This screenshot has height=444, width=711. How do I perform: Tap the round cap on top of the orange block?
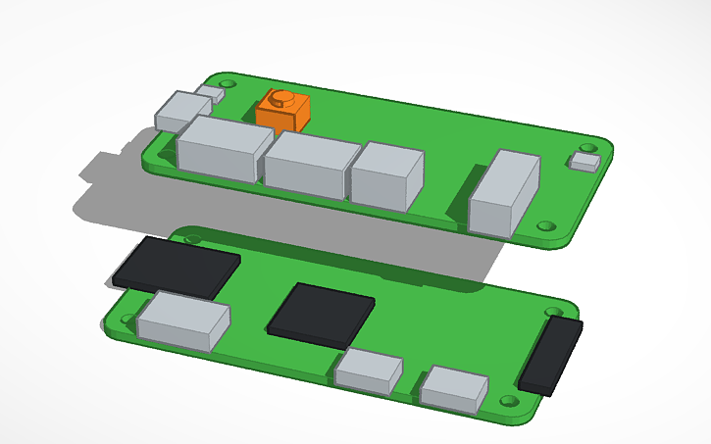pos(281,97)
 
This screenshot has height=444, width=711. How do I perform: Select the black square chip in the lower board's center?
pos(322,314)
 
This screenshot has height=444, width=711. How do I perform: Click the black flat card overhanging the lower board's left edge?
pos(177,266)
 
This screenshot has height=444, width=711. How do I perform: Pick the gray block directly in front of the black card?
pos(184,324)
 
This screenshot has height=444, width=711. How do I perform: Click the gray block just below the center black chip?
pos(369,371)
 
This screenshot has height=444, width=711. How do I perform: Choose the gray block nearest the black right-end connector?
pos(455,387)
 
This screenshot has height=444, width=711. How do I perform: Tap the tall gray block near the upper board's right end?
pos(505,193)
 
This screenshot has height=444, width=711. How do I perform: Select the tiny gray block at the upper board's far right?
pos(586,161)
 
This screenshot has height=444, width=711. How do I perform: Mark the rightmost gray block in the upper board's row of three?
pos(387,176)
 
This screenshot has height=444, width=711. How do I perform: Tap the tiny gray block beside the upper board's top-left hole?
pos(209,95)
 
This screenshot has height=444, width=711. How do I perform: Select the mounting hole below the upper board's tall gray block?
pos(546,225)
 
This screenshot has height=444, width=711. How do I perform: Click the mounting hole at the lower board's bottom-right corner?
pos(509,402)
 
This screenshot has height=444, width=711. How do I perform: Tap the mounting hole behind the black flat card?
pos(192,238)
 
